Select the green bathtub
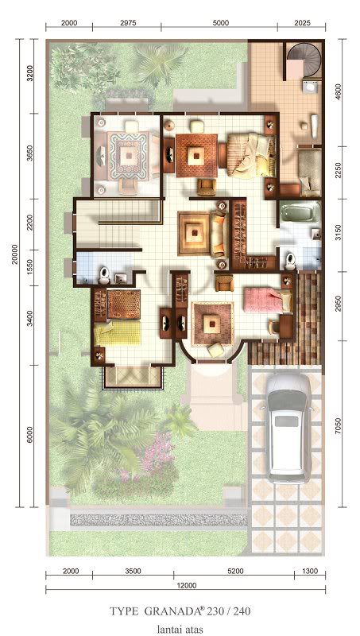coord(300,212)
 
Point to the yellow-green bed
coord(118,333)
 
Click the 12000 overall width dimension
coord(187,585)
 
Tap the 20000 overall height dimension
coord(15,254)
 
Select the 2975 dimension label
coord(128,23)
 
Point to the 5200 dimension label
coord(235,571)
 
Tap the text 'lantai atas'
coord(180,629)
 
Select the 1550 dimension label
coord(30,269)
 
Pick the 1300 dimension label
coord(310,571)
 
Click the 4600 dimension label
coord(338,92)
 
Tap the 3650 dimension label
coord(30,156)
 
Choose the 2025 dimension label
coord(302,23)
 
